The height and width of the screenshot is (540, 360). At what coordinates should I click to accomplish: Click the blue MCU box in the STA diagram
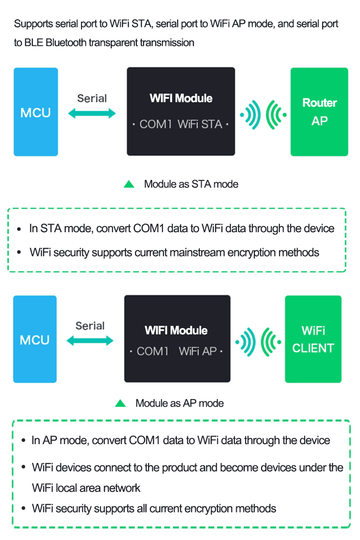coord(36,112)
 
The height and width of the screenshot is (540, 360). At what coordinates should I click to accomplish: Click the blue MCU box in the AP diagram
coord(35,339)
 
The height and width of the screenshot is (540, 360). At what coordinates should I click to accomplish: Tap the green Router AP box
coord(319,112)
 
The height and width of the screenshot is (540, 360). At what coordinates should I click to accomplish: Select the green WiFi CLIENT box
coord(313,339)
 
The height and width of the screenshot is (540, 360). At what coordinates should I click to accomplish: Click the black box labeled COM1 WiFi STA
coord(180,112)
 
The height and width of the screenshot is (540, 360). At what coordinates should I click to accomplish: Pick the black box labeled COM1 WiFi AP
coord(177,339)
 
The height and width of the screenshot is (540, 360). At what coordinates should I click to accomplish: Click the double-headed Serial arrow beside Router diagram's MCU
coord(92,114)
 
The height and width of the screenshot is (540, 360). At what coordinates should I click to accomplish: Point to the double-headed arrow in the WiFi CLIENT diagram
coord(90,341)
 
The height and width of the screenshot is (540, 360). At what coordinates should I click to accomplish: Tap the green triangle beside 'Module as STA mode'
coord(129,184)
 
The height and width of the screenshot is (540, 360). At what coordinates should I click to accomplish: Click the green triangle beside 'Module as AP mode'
coord(120,403)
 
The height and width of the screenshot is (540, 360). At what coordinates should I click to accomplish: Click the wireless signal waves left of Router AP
coord(263,114)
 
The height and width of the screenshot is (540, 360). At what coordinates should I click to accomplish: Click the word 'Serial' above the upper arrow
coord(92,98)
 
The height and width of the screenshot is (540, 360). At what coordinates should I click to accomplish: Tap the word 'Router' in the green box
coord(319,103)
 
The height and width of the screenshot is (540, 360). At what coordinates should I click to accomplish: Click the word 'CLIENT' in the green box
coord(313,348)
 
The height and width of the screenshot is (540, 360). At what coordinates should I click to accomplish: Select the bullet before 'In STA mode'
coord(19,229)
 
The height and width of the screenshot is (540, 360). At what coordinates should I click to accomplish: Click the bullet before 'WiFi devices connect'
coord(23,468)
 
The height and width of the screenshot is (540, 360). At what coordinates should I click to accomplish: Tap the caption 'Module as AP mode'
coord(180,403)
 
